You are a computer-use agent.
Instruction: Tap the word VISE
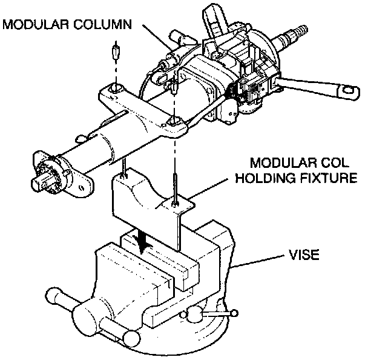coord(304,255)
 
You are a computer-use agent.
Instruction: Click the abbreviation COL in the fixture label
coord(335,162)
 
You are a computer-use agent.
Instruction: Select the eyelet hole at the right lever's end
coord(349,90)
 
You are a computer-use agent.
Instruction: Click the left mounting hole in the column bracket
coord(116,88)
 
